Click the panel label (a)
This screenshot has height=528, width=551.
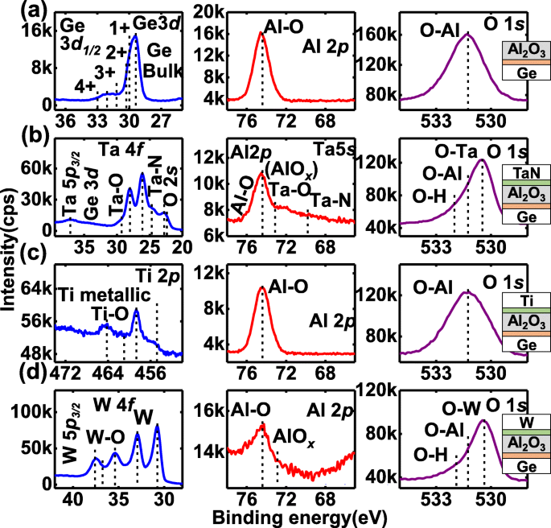pyautogui.click(x=19, y=11)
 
